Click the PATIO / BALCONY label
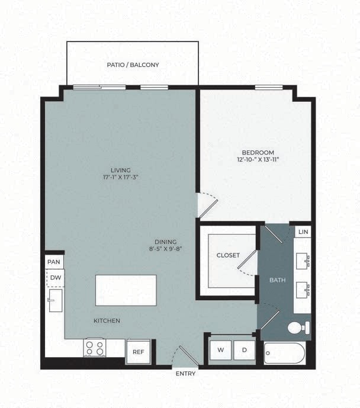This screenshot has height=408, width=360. (133, 65)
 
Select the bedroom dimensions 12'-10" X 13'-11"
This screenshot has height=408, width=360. (258, 160)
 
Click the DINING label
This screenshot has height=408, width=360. (165, 241)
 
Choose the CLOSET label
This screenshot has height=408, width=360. (228, 255)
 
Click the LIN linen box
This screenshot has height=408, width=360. (303, 232)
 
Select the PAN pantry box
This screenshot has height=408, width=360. (54, 261)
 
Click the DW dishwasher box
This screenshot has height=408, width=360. (55, 277)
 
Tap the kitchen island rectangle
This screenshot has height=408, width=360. (126, 290)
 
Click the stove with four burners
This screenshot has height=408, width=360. (95, 348)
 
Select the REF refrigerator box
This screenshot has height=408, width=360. (138, 351)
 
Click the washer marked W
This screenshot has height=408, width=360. (220, 350)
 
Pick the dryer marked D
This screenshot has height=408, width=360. (243, 350)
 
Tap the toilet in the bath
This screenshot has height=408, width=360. (298, 327)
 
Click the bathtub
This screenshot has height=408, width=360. (285, 354)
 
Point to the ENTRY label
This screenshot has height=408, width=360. (185, 374)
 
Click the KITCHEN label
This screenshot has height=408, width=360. (107, 321)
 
